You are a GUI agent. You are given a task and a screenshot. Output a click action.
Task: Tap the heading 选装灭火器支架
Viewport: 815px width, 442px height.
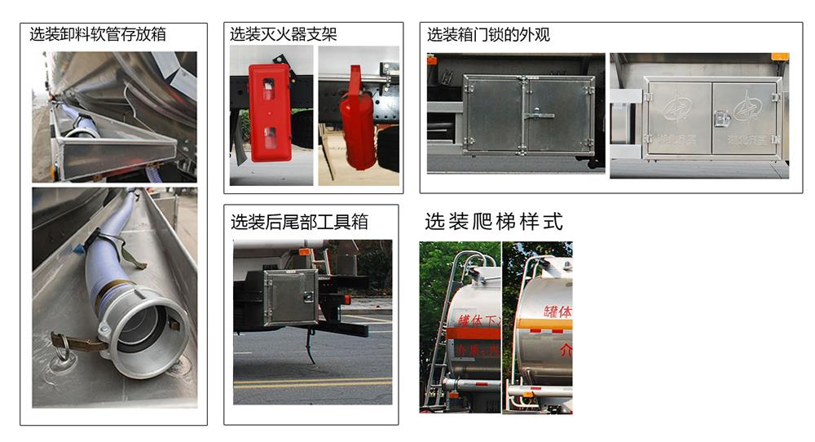(x=283, y=34)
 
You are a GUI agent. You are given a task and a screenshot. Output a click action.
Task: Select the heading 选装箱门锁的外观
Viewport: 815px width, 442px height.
(x=488, y=34)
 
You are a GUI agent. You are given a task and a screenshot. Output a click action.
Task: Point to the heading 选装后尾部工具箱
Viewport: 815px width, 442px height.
(x=299, y=221)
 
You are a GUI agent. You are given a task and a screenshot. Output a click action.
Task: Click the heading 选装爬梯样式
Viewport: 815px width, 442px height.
(x=493, y=222)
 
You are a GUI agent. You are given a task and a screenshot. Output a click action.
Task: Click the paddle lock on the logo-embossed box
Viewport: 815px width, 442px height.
(x=720, y=120)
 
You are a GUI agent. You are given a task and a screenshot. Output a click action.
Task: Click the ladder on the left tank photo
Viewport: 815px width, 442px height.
(x=440, y=343)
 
